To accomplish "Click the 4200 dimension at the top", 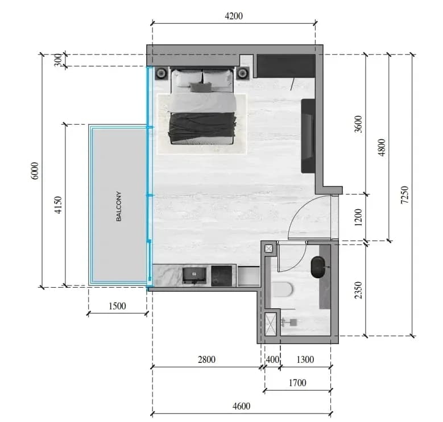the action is click(234, 16).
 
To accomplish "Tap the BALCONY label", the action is click(119, 206).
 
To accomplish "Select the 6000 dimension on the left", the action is click(35, 171).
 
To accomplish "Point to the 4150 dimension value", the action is click(58, 205).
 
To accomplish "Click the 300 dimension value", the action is click(58, 60).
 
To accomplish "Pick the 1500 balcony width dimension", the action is click(117, 306).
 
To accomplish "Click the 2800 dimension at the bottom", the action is click(206, 359).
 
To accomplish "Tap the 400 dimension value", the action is click(272, 359).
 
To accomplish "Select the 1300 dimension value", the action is click(305, 359).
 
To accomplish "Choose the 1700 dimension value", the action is click(297, 383).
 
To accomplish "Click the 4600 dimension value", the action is click(241, 406).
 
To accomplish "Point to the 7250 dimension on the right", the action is click(405, 195).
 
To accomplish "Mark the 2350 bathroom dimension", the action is click(358, 290).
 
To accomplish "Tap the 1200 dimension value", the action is click(358, 217).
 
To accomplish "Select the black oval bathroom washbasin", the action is click(318, 267).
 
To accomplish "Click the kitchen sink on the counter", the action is click(194, 275).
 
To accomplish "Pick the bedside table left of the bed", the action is click(162, 73).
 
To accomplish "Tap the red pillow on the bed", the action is click(201, 87).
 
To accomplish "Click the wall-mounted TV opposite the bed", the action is click(308, 136).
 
